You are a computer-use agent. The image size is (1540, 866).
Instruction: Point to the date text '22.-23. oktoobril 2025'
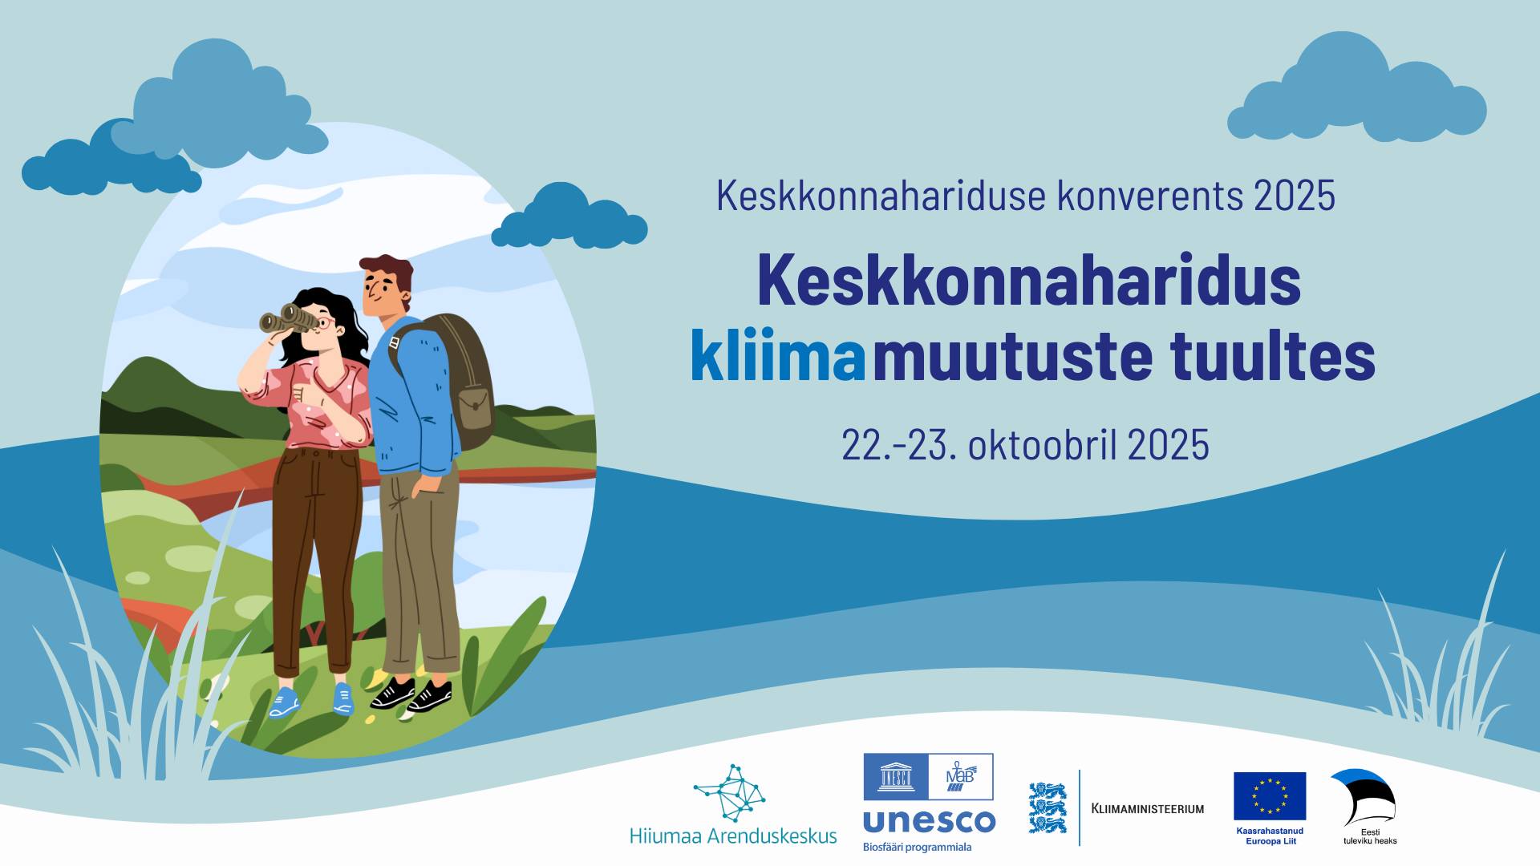[x=1025, y=444]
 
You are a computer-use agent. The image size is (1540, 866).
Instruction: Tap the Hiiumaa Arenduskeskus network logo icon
[x=730, y=792]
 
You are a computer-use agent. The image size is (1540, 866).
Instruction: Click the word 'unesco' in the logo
[x=929, y=821]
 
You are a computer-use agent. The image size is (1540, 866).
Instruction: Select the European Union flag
[x=1270, y=795]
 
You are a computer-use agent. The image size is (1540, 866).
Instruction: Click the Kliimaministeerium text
[x=1148, y=808]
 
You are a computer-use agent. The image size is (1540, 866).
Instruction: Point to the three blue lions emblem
[x=1048, y=807]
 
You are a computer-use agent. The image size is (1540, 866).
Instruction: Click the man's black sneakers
[x=411, y=694]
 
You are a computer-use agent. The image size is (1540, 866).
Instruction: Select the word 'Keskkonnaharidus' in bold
[x=1029, y=280]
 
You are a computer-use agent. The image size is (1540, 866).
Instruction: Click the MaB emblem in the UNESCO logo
[x=961, y=776]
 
